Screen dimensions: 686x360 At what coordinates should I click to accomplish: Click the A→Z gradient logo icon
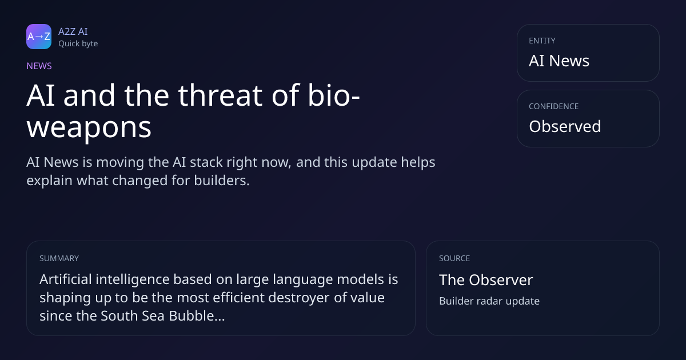(x=39, y=37)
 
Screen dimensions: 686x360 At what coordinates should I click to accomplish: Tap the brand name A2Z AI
(x=73, y=31)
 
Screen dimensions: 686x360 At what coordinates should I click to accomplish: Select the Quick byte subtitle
(x=78, y=43)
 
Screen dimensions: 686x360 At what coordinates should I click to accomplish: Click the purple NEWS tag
(x=39, y=66)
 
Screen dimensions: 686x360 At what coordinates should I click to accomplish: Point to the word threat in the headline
(x=221, y=95)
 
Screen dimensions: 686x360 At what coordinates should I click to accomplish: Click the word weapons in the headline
(x=89, y=127)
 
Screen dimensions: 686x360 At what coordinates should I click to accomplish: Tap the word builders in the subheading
(x=222, y=181)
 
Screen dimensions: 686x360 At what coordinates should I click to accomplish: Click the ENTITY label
(x=542, y=41)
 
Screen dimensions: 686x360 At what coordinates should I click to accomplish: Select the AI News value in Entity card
(x=559, y=61)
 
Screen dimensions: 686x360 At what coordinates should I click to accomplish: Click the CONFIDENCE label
(x=554, y=106)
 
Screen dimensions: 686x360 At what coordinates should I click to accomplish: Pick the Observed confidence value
(x=565, y=126)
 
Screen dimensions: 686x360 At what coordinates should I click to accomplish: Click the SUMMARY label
(x=59, y=258)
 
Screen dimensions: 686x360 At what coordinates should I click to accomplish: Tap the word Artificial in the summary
(x=66, y=279)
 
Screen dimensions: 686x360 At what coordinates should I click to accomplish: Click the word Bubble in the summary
(x=197, y=315)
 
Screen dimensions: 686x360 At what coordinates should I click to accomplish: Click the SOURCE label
(x=454, y=258)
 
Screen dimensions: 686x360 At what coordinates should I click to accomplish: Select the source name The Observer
(x=486, y=280)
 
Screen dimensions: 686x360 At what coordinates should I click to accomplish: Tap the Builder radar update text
(x=489, y=301)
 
